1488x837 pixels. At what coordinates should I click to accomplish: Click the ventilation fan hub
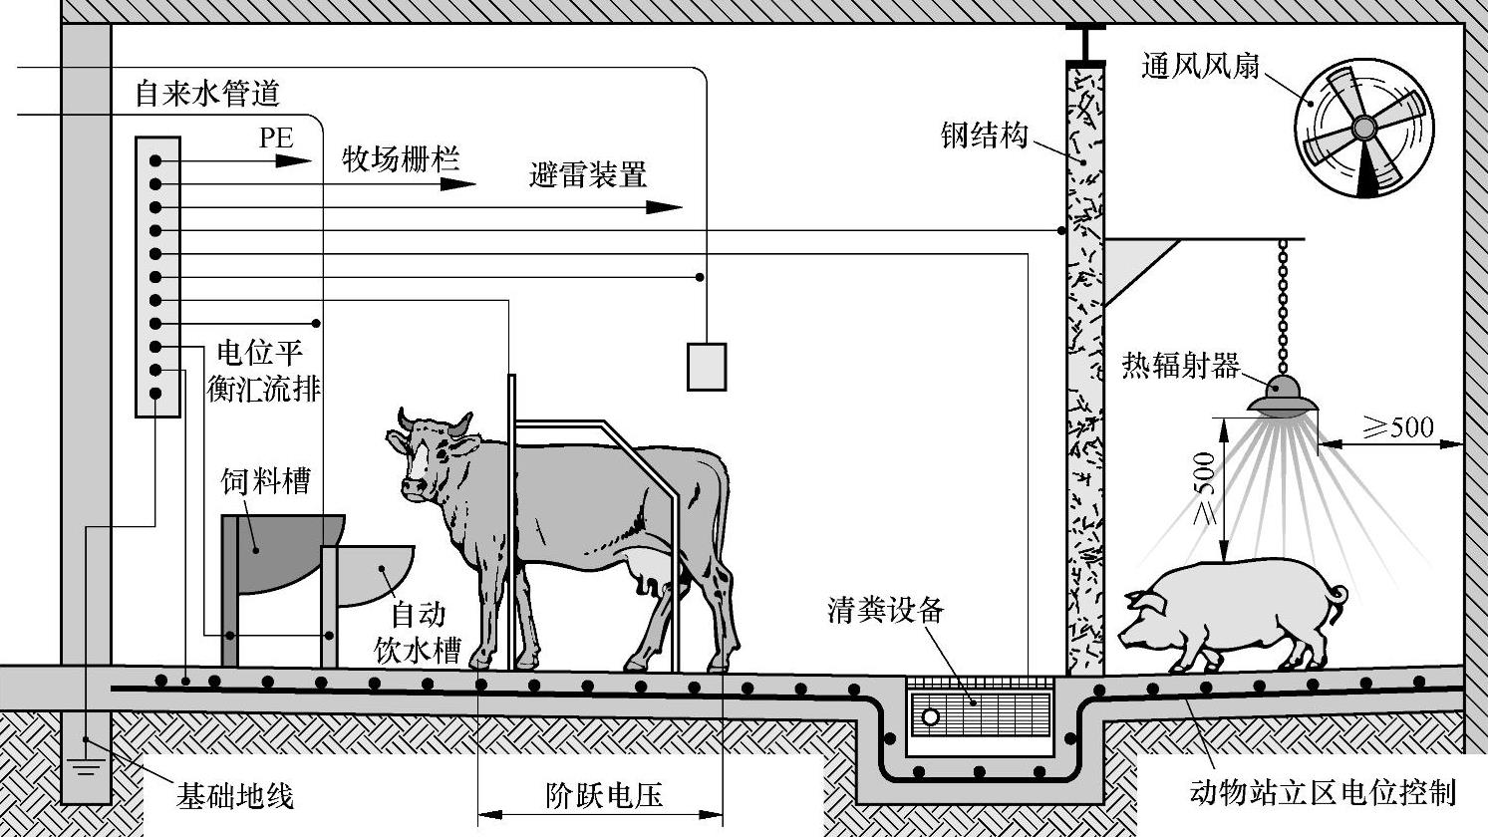pyautogui.click(x=1363, y=128)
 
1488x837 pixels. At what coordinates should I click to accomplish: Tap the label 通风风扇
pyautogui.click(x=1201, y=67)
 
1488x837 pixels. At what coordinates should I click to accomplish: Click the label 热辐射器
pyautogui.click(x=1181, y=366)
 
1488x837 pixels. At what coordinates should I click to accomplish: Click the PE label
pyautogui.click(x=276, y=138)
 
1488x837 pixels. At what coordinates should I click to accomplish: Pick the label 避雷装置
pyautogui.click(x=588, y=175)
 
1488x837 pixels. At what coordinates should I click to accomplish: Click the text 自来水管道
pyautogui.click(x=207, y=95)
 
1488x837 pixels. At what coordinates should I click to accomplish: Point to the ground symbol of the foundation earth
pyautogui.click(x=86, y=769)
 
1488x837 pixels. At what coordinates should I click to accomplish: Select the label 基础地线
pyautogui.click(x=235, y=796)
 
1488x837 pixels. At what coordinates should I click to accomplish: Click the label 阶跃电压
pyautogui.click(x=605, y=795)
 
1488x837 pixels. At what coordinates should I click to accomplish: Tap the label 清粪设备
pyautogui.click(x=884, y=610)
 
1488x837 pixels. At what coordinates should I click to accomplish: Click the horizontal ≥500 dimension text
pyautogui.click(x=1397, y=427)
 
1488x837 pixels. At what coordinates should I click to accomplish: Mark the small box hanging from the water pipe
pyautogui.click(x=706, y=366)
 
